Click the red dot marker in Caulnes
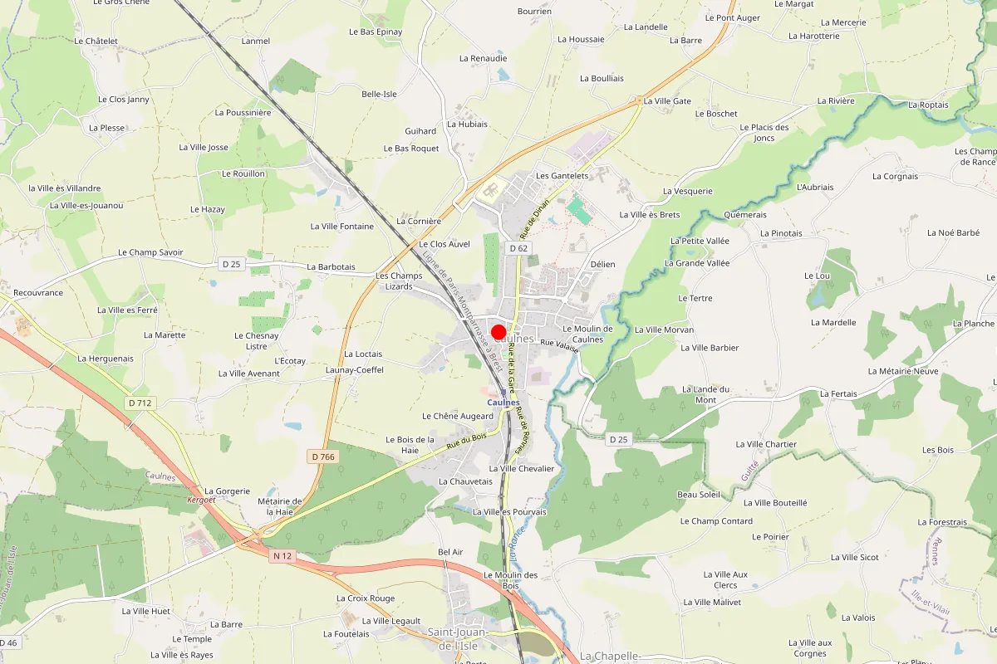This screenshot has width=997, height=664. [x=498, y=332]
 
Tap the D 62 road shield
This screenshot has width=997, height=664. [x=518, y=248]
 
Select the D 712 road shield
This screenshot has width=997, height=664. [x=140, y=403]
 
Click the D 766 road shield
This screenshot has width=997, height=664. [x=322, y=456]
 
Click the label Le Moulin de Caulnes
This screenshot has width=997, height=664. [x=587, y=334]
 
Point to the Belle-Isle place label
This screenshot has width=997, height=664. [x=379, y=94]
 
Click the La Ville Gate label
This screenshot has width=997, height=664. [x=667, y=101]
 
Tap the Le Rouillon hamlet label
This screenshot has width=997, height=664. [x=243, y=173]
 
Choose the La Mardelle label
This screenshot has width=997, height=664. [x=832, y=322]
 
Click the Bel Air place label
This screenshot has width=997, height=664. [x=449, y=552]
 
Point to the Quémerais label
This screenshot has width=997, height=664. [x=744, y=214]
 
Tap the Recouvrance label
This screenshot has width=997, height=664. [x=38, y=292]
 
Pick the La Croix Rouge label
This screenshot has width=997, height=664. [x=366, y=598]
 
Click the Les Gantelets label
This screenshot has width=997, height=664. [x=562, y=176]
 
